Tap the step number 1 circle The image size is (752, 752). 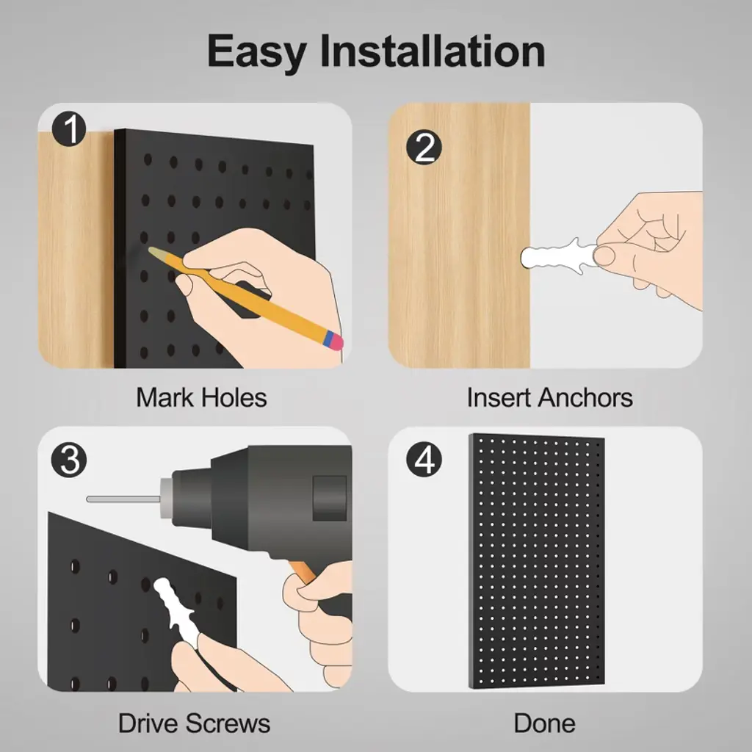click(69, 129)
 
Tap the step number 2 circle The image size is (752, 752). click(424, 148)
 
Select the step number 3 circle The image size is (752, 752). click(69, 460)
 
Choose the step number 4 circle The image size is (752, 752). click(424, 460)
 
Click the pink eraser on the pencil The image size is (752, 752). click(336, 341)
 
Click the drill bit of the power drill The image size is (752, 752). click(123, 499)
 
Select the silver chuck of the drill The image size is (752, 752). click(167, 499)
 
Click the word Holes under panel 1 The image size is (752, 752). click(234, 397)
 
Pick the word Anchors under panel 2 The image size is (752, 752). click(585, 397)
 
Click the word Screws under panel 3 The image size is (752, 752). click(228, 723)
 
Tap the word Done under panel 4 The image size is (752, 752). click(544, 723)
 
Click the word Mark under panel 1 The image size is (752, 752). click(166, 397)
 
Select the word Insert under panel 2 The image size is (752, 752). click(499, 397)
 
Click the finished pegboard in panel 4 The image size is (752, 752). click(537, 561)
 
